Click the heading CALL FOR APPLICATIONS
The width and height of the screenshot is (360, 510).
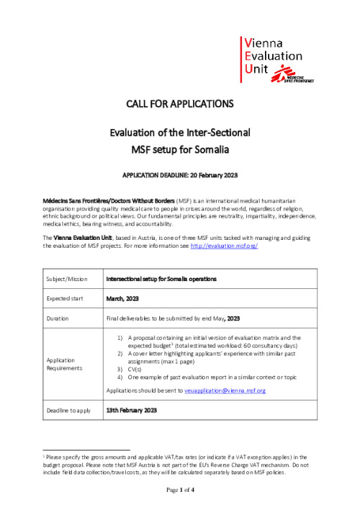(x=180, y=104)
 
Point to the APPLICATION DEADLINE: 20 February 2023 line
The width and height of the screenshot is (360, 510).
(x=180, y=176)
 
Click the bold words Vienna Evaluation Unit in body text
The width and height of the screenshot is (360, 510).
(x=81, y=218)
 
